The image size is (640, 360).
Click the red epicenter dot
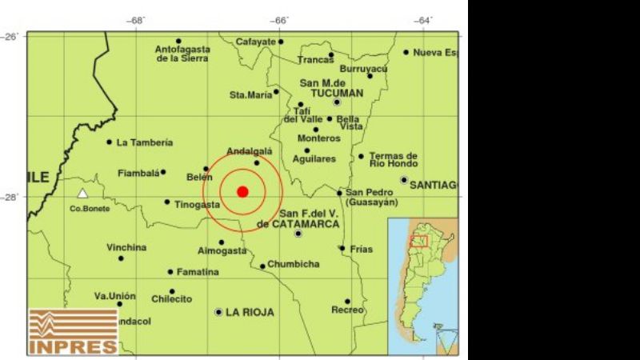click(x=242, y=190)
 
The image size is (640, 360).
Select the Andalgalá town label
click(x=250, y=151)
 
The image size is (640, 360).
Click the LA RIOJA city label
click(x=250, y=312)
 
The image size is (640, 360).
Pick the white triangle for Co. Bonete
click(x=82, y=194)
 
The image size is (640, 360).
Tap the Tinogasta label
click(x=197, y=205)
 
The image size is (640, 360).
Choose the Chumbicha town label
click(x=294, y=264)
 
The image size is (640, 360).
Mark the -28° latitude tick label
click(x=14, y=196)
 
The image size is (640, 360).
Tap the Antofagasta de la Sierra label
click(x=182, y=54)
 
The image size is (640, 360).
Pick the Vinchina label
click(x=126, y=248)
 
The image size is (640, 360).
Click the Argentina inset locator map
click(x=423, y=286)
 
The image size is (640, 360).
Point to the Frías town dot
click(x=342, y=248)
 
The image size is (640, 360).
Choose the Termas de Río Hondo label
click(x=394, y=160)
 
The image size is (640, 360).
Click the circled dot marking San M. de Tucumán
click(x=337, y=102)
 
